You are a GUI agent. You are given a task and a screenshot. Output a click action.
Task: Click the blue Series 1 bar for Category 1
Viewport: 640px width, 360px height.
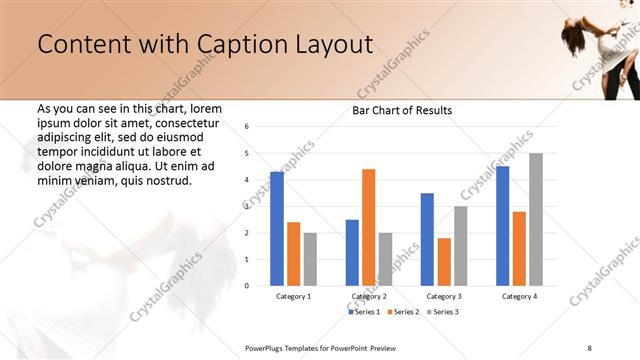[x=277, y=229]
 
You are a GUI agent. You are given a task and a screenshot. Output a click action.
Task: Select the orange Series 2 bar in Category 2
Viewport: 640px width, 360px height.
[x=368, y=227]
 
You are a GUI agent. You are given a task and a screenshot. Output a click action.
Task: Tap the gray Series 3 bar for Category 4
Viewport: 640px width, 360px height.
[x=536, y=219]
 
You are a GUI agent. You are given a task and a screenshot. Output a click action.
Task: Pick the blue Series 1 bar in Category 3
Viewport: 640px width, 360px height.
[x=427, y=239]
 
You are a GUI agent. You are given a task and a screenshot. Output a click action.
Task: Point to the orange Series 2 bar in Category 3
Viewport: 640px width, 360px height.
[x=444, y=261]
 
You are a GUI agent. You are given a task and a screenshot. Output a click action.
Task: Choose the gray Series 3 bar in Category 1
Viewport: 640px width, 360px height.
[x=310, y=259]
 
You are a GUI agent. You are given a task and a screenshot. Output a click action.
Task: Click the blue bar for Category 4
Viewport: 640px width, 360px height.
[x=502, y=226]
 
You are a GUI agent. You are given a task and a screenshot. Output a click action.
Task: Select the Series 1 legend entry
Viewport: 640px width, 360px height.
[x=365, y=312]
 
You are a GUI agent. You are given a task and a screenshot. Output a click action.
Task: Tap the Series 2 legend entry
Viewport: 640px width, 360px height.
[x=402, y=312]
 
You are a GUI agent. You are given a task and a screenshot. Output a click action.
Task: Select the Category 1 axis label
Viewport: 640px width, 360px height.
[x=293, y=296]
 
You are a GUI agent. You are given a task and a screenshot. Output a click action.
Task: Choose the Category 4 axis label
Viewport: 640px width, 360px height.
[x=519, y=296]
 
